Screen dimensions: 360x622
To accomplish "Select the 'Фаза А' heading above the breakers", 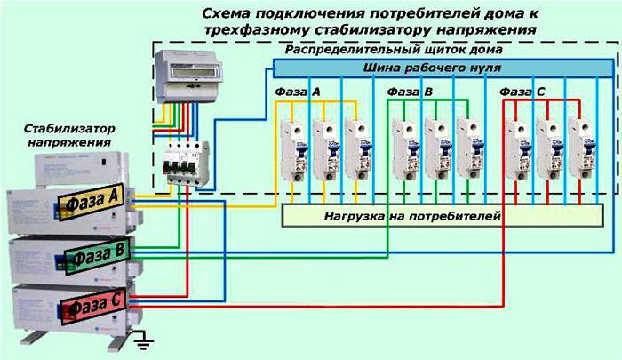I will [299, 92].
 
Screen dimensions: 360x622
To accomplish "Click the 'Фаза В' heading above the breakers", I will [411, 92].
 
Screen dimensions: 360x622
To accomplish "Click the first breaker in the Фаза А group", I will [292, 146].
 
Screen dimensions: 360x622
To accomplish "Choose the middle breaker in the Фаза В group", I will [435, 146].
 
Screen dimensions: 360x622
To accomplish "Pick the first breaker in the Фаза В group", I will [403, 146].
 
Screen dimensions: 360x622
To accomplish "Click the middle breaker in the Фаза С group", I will [547, 146].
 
